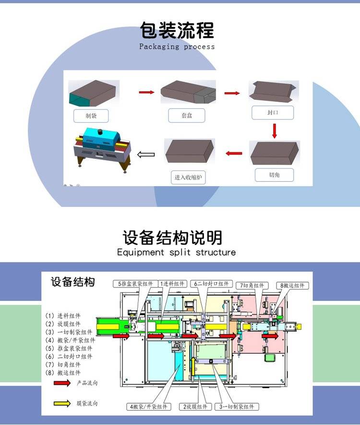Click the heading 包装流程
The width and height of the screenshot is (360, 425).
177,30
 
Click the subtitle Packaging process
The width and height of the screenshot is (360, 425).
177,47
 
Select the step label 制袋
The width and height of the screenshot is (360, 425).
91,116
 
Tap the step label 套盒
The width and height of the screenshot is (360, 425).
187,116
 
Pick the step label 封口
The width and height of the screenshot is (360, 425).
272,113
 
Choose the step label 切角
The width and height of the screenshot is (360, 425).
274,175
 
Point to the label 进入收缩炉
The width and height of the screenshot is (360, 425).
188,177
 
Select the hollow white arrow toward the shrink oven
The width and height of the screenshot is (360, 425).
146,154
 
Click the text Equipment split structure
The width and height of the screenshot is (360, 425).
176,252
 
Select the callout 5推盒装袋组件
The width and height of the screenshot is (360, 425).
133,284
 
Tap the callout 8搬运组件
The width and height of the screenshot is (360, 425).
292,285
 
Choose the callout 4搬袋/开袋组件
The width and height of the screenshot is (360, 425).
146,407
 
